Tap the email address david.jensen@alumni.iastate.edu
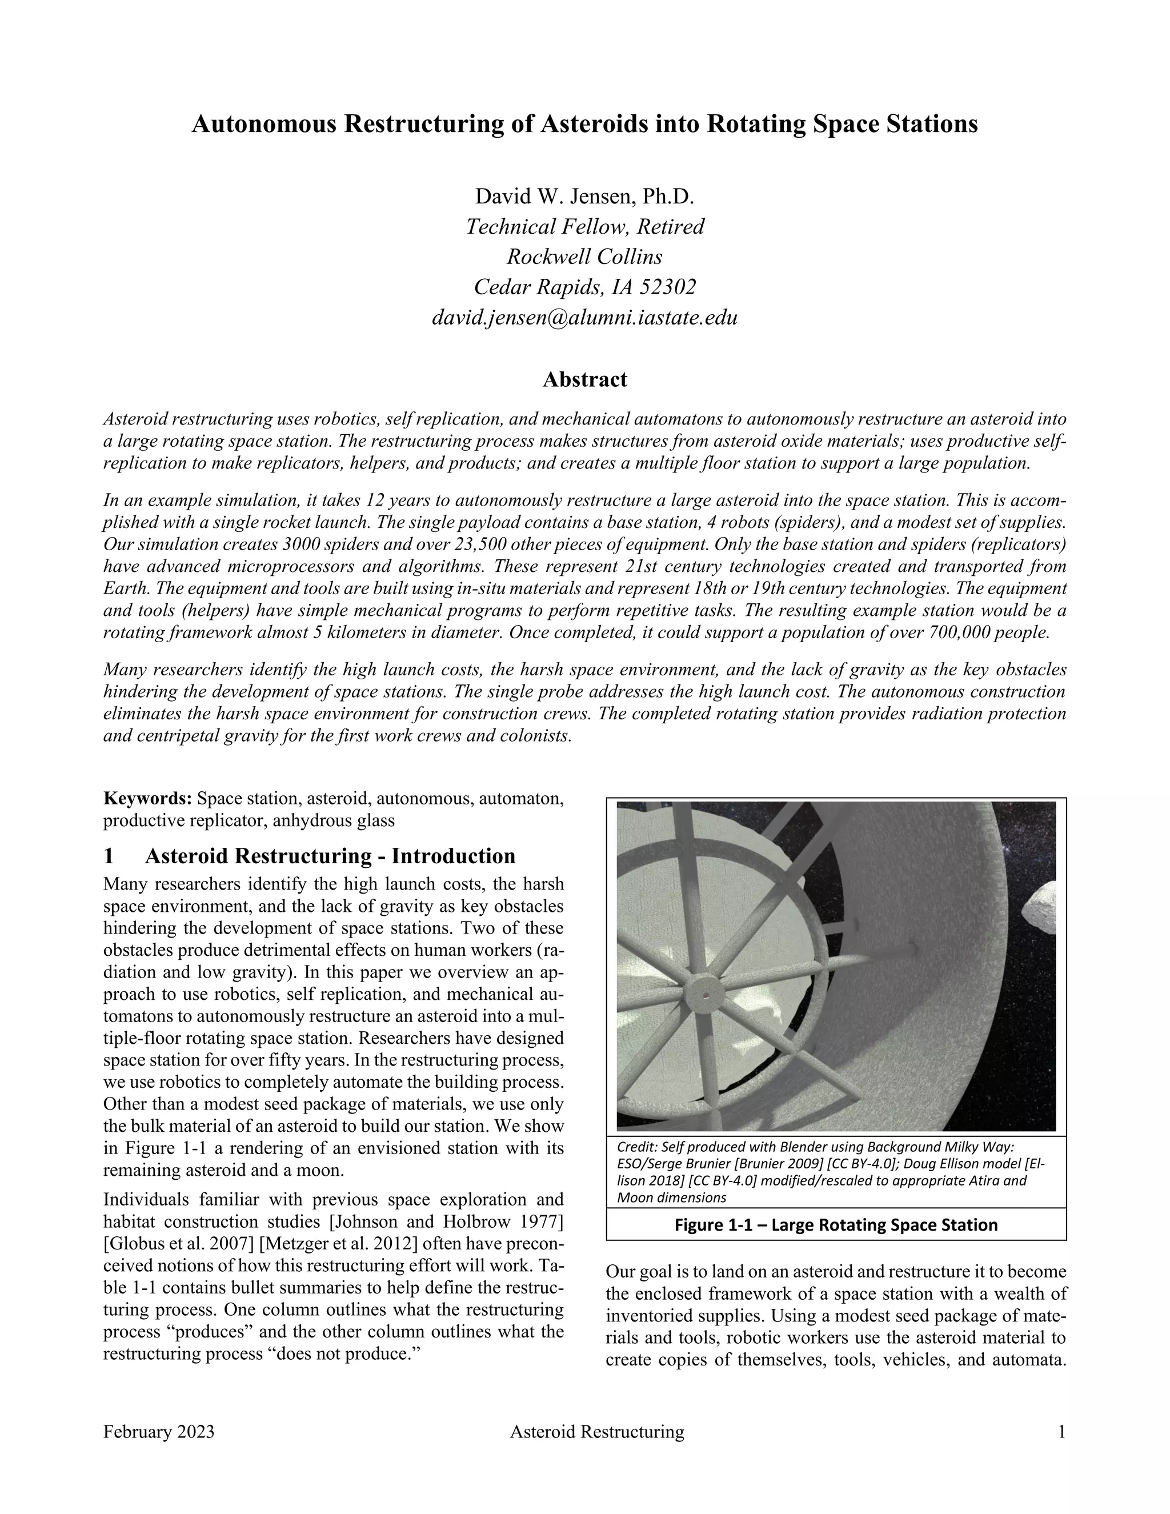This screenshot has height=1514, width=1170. [x=584, y=318]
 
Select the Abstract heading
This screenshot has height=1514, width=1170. [x=584, y=379]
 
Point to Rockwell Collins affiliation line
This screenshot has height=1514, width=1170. [x=584, y=257]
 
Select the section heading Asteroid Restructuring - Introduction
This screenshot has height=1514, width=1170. [x=330, y=856]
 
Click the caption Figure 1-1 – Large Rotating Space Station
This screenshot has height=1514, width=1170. [x=836, y=1225]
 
